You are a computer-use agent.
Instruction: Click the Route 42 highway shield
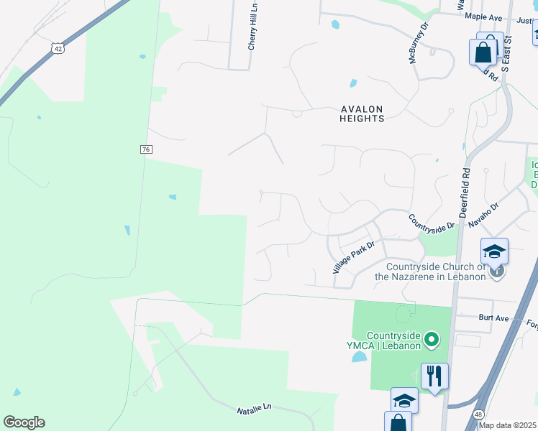tap(58, 47)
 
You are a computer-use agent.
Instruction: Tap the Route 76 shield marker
tap(145, 149)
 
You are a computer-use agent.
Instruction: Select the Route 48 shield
tap(478, 414)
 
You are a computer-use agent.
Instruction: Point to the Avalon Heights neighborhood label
tap(363, 113)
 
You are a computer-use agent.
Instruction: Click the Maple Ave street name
tap(483, 17)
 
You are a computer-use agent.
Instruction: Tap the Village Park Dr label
tap(354, 256)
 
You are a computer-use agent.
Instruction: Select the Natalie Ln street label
tap(255, 408)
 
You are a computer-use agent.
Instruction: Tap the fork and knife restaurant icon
tap(434, 375)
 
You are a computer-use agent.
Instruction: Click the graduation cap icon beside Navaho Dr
tap(495, 251)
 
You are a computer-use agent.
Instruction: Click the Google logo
tap(24, 422)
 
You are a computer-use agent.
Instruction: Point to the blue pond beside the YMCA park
tap(359, 356)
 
